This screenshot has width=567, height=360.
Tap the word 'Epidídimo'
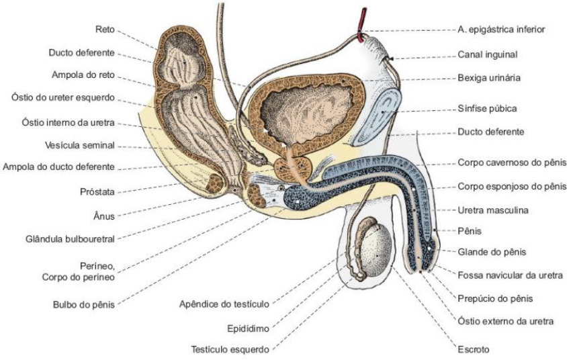(x=249, y=329)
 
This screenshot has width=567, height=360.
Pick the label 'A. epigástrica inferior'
(x=505, y=30)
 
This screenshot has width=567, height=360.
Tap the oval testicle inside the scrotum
(x=380, y=253)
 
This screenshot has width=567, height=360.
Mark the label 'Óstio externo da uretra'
(x=506, y=321)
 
